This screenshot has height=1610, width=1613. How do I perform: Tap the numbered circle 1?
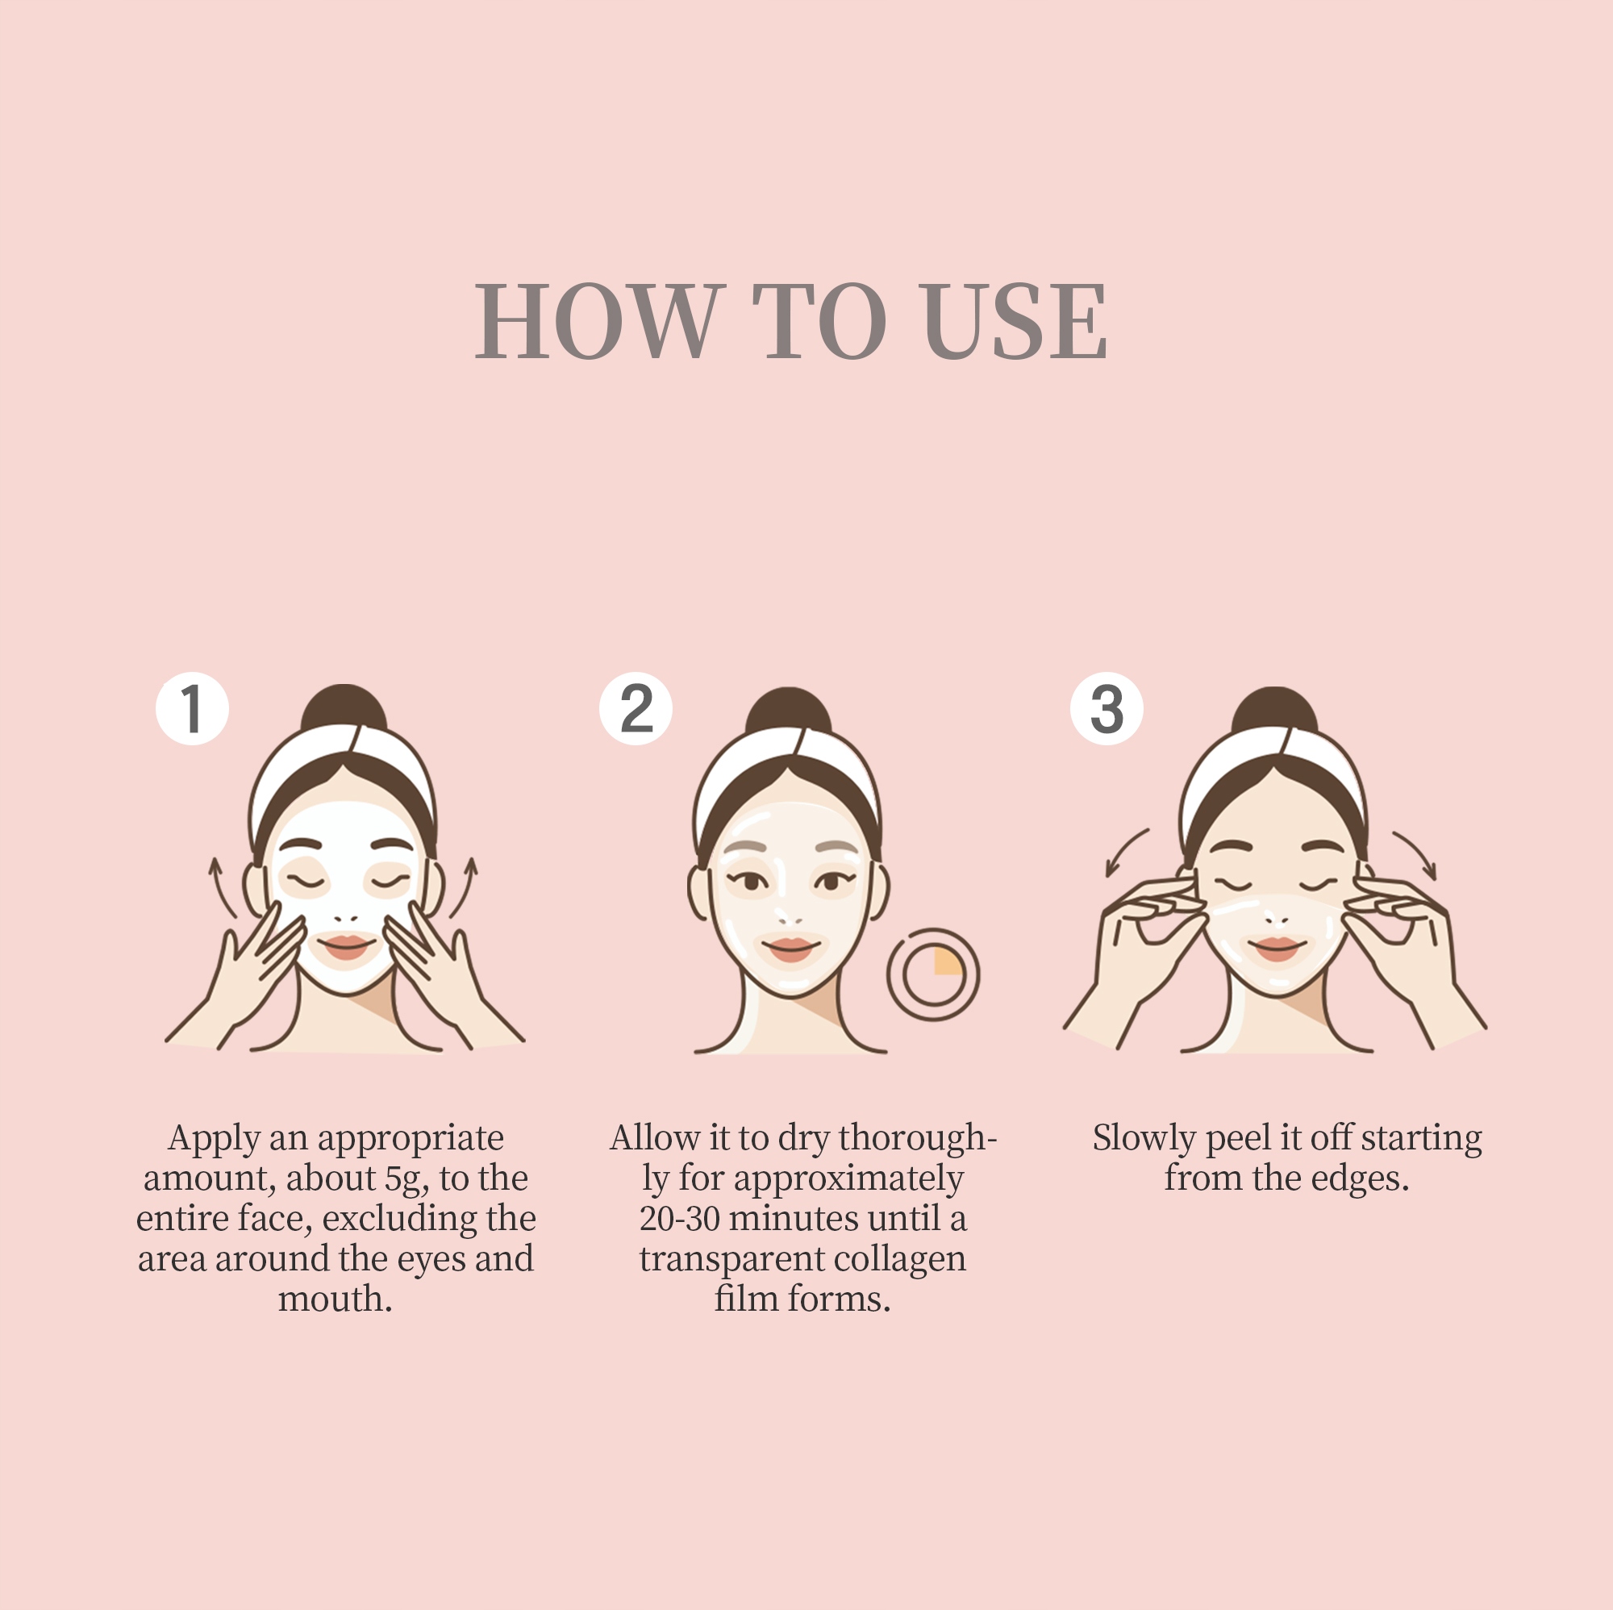pos(192,708)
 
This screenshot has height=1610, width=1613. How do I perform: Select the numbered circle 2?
pos(636,708)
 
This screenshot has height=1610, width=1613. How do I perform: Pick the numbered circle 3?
pos(1107,708)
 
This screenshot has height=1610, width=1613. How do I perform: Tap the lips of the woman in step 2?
pos(790,948)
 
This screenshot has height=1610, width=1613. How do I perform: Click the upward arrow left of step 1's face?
pos(221,886)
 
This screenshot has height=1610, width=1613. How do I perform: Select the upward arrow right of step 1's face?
pos(465,886)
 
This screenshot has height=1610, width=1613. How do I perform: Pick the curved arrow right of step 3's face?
pos(1417,852)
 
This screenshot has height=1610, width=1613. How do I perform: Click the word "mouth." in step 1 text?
pos(335,1299)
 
